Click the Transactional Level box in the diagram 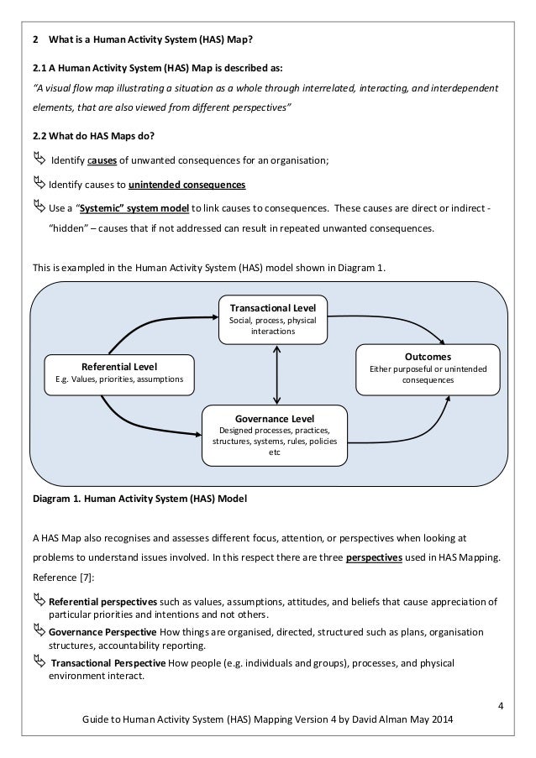click(x=273, y=319)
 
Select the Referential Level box click(x=118, y=374)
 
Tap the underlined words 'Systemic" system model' click(x=134, y=207)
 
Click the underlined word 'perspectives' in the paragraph click(x=372, y=557)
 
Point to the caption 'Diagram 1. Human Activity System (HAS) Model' click(x=139, y=499)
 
